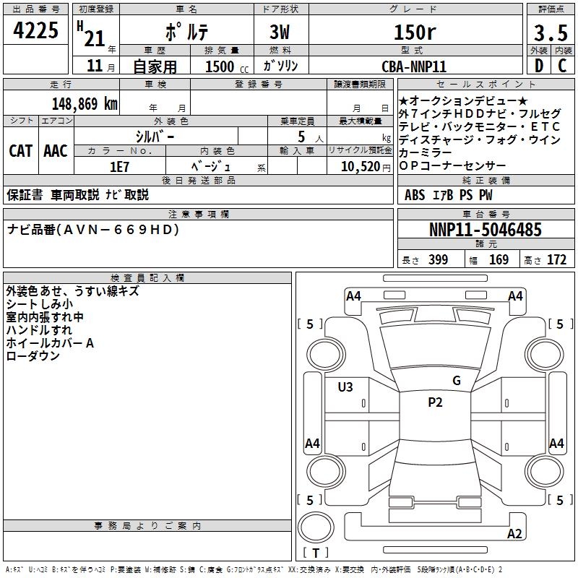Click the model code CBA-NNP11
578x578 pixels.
[x=414, y=66]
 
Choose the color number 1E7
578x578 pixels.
[x=119, y=165]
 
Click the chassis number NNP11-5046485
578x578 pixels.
[x=485, y=230]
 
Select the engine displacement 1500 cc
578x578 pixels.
[x=220, y=66]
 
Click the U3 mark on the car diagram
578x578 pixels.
[x=345, y=387]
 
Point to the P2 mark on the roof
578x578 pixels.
[x=435, y=402]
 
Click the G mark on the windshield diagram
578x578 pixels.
[x=457, y=381]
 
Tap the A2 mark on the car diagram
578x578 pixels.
[x=514, y=534]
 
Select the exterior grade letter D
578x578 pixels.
[x=539, y=66]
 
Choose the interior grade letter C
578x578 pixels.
[x=562, y=66]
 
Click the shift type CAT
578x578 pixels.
[x=20, y=150]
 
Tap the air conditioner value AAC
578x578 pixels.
[x=56, y=150]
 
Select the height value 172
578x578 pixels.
[x=556, y=259]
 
